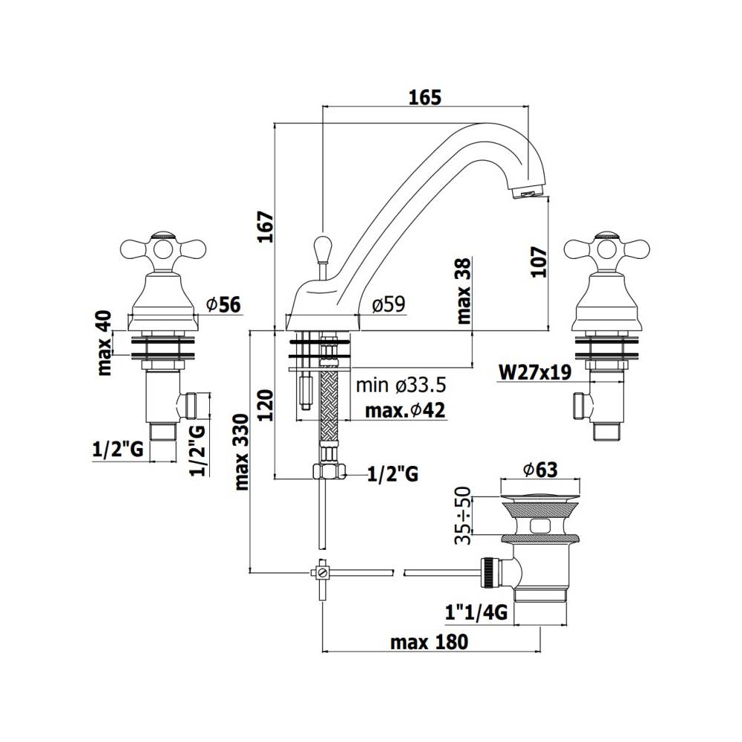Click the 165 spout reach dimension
(425, 96)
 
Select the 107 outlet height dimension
(539, 262)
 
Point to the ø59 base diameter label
(387, 304)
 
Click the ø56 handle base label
(223, 303)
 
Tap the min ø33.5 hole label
(401, 386)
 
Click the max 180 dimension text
(430, 643)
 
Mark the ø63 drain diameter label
(539, 469)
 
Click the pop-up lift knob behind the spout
(322, 247)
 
